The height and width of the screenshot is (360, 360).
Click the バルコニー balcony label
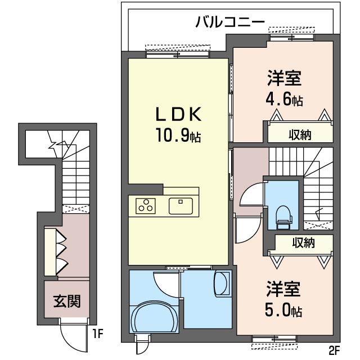230,22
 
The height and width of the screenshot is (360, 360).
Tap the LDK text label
178,115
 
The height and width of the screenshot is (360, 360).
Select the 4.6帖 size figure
284,100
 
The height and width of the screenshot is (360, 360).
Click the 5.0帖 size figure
284,310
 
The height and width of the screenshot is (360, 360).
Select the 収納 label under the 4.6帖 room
301,135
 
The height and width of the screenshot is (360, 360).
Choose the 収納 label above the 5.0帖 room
303,243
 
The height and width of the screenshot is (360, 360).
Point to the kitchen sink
181,205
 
